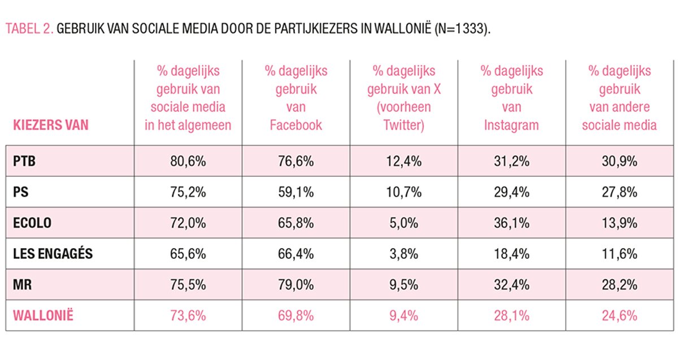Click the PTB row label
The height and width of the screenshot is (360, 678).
point(24,161)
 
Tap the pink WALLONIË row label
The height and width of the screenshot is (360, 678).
point(43,315)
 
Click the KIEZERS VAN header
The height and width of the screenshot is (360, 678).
point(50,125)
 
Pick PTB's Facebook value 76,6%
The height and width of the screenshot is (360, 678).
point(295,161)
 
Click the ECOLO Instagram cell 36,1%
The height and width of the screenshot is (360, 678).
point(511,223)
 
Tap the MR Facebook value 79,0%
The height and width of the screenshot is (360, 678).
point(295,285)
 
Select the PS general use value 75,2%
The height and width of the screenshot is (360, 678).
point(188,192)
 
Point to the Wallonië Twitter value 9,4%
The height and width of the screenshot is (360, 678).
point(403,315)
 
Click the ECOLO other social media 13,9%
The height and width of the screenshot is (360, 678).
point(619,223)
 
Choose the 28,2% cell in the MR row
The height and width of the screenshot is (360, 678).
point(619,285)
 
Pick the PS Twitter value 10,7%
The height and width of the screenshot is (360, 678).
point(403,192)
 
